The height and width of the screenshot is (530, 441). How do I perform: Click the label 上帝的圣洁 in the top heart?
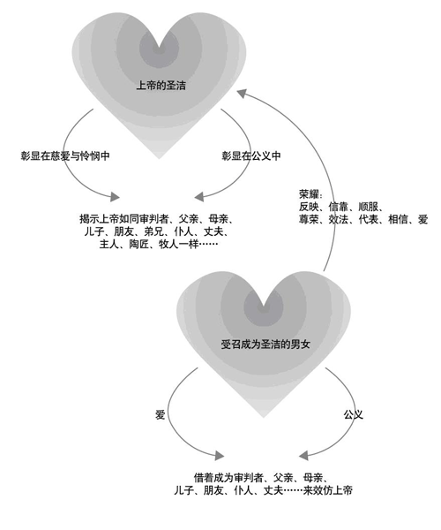pyautogui.click(x=161, y=85)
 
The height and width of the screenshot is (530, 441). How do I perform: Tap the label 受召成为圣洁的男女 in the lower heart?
pyautogui.click(x=265, y=344)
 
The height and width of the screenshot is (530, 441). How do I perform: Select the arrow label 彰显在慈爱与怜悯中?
pyautogui.click(x=65, y=155)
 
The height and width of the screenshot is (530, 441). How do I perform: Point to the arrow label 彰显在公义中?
pyautogui.click(x=251, y=155)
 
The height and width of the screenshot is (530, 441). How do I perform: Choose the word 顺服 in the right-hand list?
pyautogui.click(x=368, y=207)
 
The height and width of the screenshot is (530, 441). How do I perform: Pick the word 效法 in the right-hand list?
pyautogui.click(x=339, y=219)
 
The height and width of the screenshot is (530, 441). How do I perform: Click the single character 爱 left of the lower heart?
pyautogui.click(x=160, y=414)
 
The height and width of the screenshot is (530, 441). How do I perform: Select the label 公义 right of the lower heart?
pyautogui.click(x=354, y=414)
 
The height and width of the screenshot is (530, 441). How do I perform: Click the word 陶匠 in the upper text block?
pyautogui.click(x=138, y=244)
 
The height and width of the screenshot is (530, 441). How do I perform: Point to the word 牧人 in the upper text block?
pyautogui.click(x=168, y=244)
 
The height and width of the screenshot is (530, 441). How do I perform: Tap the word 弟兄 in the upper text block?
pyautogui.click(x=153, y=231)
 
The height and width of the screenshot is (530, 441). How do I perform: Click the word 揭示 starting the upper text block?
pyautogui.click(x=89, y=219)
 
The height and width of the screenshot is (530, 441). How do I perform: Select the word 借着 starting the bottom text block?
pyautogui.click(x=204, y=478)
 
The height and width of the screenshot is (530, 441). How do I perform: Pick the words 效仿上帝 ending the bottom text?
pyautogui.click(x=333, y=490)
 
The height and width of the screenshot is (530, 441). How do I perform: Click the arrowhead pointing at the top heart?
pyautogui.click(x=242, y=94)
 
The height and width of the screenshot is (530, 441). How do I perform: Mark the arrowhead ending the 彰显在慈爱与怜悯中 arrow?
pyautogui.click(x=115, y=197)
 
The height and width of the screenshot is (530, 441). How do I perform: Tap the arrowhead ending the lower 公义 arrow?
pyautogui.click(x=303, y=456)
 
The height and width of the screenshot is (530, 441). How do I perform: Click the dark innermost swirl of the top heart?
pyautogui.click(x=160, y=50)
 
